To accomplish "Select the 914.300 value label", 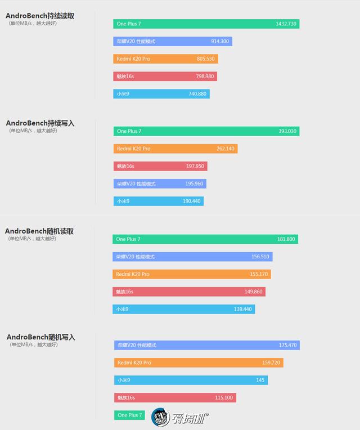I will tap(219, 42).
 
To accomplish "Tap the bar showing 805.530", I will tap(165, 59).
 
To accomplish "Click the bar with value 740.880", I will tap(161, 94).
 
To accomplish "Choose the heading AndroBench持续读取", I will tap(40, 16).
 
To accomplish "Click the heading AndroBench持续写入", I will tap(40, 123).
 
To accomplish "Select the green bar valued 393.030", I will tap(206, 131).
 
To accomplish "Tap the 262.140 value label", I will tap(226, 149).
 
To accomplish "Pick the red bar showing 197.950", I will tap(160, 166).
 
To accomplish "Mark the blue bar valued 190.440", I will tap(159, 201).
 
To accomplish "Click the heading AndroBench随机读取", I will tap(39, 231).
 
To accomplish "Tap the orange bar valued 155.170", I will tap(192, 274).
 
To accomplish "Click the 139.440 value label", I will tap(243, 309).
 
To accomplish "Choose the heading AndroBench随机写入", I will tap(40, 337).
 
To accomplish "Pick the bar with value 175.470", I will tap(207, 345).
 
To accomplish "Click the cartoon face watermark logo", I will tap(161, 417).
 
